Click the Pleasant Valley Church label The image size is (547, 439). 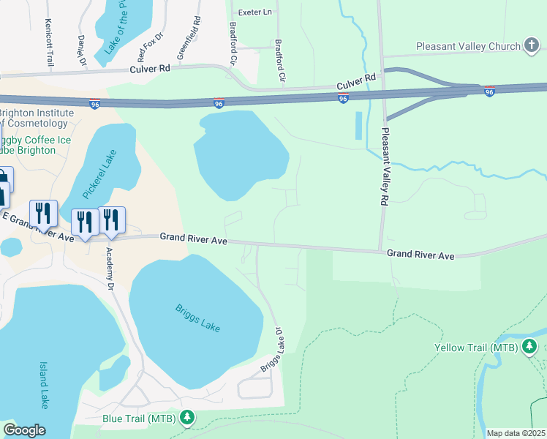point(468,46)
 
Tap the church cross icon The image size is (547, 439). point(532,46)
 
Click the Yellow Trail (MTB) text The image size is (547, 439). point(476,348)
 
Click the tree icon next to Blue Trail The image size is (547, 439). point(188,418)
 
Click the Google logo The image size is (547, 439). point(24,430)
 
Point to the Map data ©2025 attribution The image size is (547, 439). point(516,433)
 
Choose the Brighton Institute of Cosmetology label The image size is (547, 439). point(36,119)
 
